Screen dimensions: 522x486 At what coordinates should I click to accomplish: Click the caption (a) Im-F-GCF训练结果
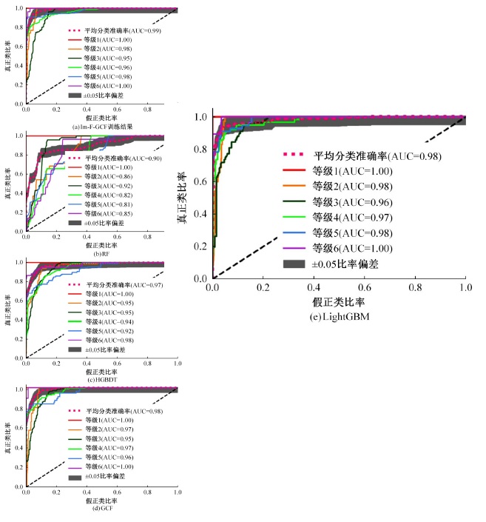(x=101, y=127)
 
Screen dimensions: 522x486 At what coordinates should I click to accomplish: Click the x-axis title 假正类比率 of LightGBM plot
(x=338, y=302)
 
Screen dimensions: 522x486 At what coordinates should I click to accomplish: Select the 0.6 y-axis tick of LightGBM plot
(x=199, y=181)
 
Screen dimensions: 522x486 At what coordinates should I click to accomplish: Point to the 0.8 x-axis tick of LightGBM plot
(x=415, y=287)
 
